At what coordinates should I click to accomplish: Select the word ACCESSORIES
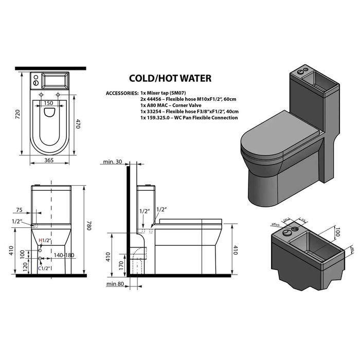coord(122,93)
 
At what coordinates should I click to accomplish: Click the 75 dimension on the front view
coord(20,210)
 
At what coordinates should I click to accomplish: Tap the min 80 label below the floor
coord(114,284)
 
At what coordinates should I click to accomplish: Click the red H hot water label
coord(41,240)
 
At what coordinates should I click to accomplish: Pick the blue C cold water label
coord(41,268)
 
